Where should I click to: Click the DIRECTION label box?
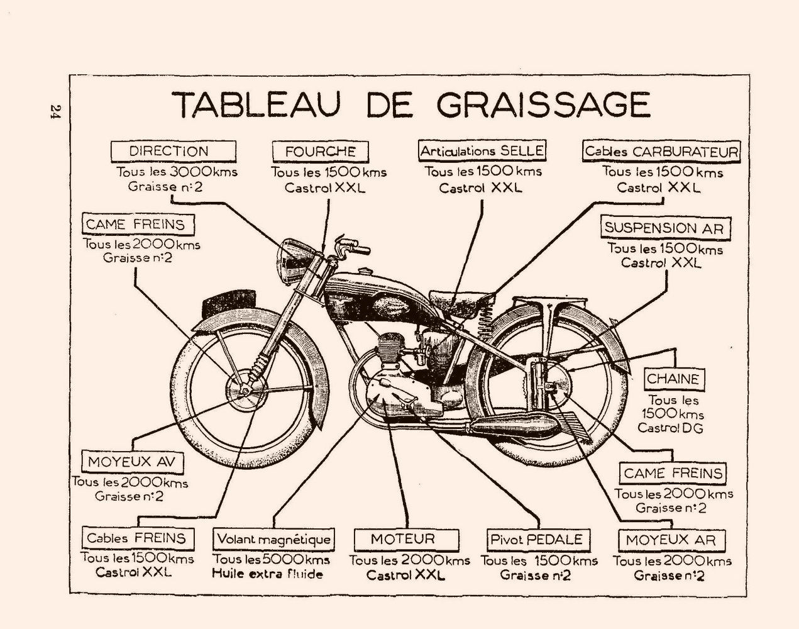172,151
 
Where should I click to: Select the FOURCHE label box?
320,151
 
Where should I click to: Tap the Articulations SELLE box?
482,150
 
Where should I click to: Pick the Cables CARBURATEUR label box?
661,151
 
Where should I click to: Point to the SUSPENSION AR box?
664,228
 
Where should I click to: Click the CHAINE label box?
673,379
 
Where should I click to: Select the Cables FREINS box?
137,538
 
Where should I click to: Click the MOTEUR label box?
403,539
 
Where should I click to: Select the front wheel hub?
244,390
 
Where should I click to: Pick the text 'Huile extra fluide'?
267,574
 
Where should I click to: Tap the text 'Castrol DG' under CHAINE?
670,428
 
